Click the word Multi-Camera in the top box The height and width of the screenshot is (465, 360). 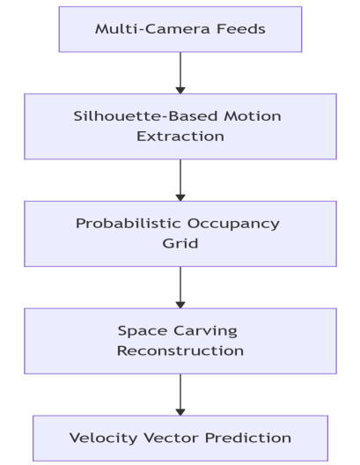(x=152, y=29)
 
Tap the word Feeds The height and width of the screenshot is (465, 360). (x=241, y=29)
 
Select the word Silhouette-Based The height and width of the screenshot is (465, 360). (x=146, y=116)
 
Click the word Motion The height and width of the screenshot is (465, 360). (x=253, y=116)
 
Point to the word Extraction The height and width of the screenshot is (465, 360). (x=180, y=137)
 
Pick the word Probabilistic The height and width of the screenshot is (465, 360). (x=129, y=224)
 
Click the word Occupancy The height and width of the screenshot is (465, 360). (x=233, y=225)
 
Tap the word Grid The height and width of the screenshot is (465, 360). (x=180, y=244)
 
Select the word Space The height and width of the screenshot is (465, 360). (x=143, y=331)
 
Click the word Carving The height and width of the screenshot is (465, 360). (x=205, y=331)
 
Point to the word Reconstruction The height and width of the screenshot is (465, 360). (x=180, y=351)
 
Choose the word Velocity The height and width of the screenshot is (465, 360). (x=103, y=439)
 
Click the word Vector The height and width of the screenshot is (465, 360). (x=171, y=438)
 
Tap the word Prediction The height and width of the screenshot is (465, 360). (x=248, y=438)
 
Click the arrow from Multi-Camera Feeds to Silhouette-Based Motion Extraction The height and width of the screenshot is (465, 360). (x=180, y=73)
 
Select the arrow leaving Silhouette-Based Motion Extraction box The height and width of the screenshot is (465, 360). (x=180, y=181)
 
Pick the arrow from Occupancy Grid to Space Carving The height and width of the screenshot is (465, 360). (x=180, y=288)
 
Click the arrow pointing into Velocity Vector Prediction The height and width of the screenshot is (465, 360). (x=180, y=395)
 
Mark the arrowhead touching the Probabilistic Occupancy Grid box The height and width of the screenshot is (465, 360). (x=180, y=198)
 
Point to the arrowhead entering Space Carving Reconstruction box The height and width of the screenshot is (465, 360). (x=180, y=305)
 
